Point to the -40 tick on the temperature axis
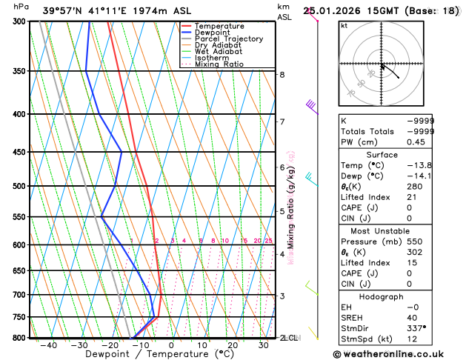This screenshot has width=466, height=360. pos(49,345)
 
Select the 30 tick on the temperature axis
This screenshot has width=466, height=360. pos(263,345)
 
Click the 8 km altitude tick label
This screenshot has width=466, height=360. pos(282,75)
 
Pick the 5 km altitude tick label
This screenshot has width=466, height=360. pos(282,212)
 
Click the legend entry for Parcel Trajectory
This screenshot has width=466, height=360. pos(228,39)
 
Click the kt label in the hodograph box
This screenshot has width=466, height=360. pos(344,26)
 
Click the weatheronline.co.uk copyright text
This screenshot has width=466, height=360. pos(394,354)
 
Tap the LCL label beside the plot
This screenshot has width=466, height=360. pos(290,338)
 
